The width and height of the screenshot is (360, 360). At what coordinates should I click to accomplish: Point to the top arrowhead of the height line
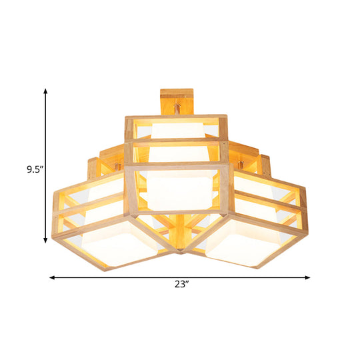(45, 91)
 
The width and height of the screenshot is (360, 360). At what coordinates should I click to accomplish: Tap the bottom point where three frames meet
(180, 253)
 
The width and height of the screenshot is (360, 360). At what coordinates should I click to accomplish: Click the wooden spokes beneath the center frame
(180, 223)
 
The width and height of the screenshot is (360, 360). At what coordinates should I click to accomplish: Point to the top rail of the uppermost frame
(177, 117)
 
